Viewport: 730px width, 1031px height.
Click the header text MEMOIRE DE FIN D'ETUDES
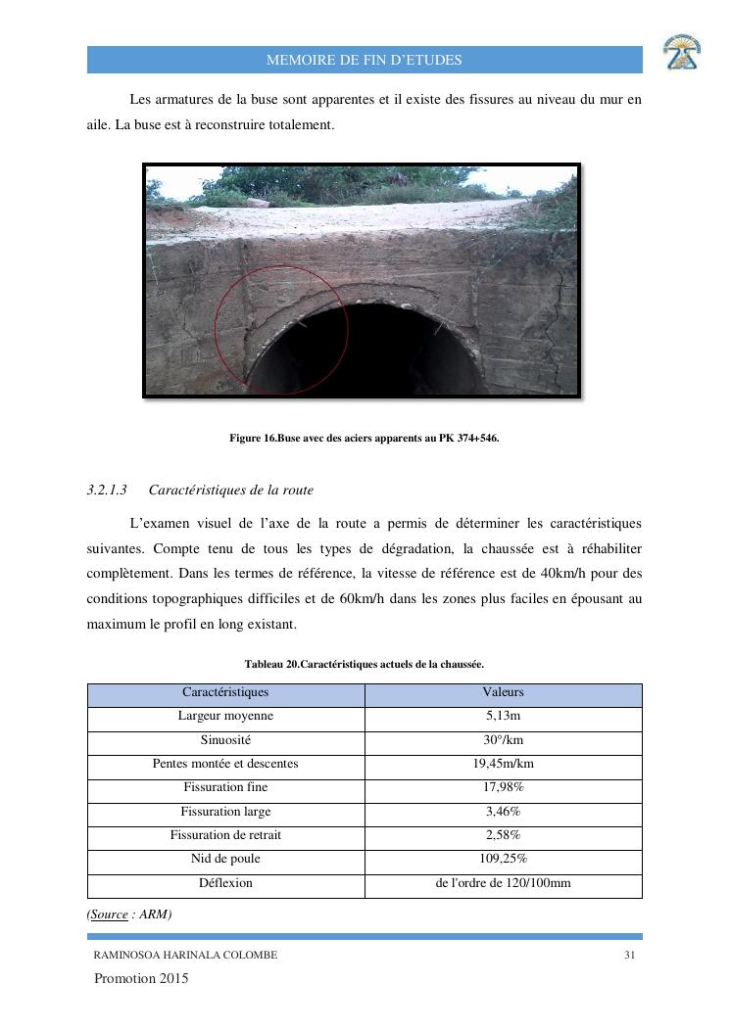point(365,61)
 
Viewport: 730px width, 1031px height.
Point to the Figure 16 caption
point(365,439)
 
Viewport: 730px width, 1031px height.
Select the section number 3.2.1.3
point(108,490)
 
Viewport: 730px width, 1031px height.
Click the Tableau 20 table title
point(365,665)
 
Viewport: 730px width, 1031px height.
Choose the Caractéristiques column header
point(225,692)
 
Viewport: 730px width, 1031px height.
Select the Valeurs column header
point(504,692)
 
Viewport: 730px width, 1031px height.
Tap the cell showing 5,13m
point(504,716)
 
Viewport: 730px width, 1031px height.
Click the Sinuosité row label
point(225,739)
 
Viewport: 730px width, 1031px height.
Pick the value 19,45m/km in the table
point(504,764)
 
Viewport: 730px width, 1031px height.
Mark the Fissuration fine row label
point(225,787)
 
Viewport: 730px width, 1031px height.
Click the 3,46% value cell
point(504,812)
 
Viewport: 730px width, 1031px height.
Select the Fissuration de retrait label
point(225,835)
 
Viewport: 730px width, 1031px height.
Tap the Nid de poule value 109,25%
point(504,859)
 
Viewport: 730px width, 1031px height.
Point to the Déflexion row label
point(225,883)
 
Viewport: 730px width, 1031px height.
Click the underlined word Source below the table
point(109,914)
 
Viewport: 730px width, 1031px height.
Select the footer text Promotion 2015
point(141,979)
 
